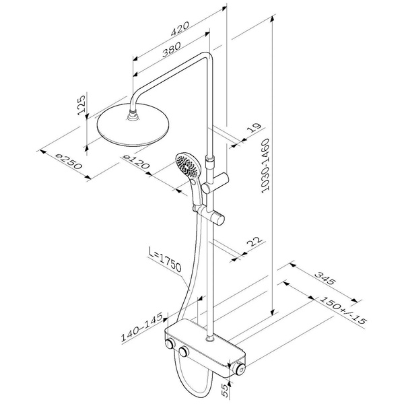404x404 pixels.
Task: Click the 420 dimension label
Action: pos(180,28)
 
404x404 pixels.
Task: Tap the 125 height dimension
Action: pos(81,105)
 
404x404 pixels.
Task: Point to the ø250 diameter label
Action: pos(69,162)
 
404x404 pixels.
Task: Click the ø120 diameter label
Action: pos(136,162)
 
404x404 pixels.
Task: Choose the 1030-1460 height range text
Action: pos(265,166)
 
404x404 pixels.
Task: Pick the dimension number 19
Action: pos(254,127)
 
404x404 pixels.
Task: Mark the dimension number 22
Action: pos(255,242)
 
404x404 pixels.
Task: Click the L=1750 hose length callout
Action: pos(165,259)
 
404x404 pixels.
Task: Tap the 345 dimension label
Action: pos(325,278)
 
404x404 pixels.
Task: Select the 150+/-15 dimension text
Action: pos(343,310)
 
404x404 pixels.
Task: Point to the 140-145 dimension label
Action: pos(141,327)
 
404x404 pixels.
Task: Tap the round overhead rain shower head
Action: pos(133,125)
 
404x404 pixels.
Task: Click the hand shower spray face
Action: pos(188,165)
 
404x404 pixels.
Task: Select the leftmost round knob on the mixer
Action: pos(170,344)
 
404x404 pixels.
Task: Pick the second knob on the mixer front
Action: pos(183,351)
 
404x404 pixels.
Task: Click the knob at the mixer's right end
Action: pos(240,369)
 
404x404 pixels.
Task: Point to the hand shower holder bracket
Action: pos(211,213)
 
